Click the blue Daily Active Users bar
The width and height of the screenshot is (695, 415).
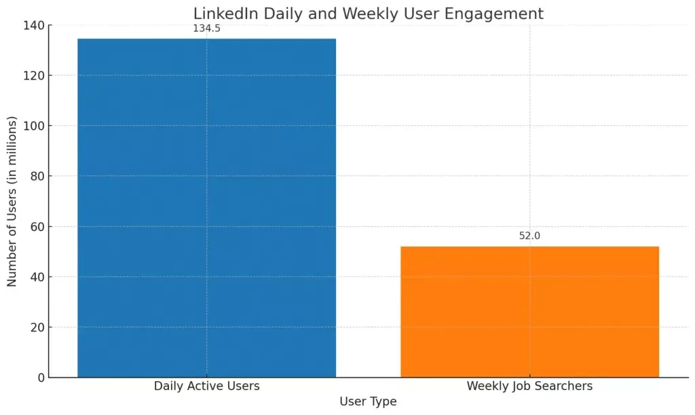pos(206,207)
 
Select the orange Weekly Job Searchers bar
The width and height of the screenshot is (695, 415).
pos(529,311)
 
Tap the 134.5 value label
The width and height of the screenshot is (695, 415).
pos(206,29)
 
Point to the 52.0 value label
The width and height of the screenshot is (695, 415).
pos(529,236)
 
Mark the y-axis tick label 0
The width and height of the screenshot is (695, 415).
pos(41,378)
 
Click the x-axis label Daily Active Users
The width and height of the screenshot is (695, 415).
pos(206,386)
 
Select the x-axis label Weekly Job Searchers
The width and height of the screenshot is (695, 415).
pos(529,386)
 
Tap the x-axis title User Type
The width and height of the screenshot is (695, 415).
pos(368,401)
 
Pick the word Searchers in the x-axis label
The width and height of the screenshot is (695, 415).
pos(563,386)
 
